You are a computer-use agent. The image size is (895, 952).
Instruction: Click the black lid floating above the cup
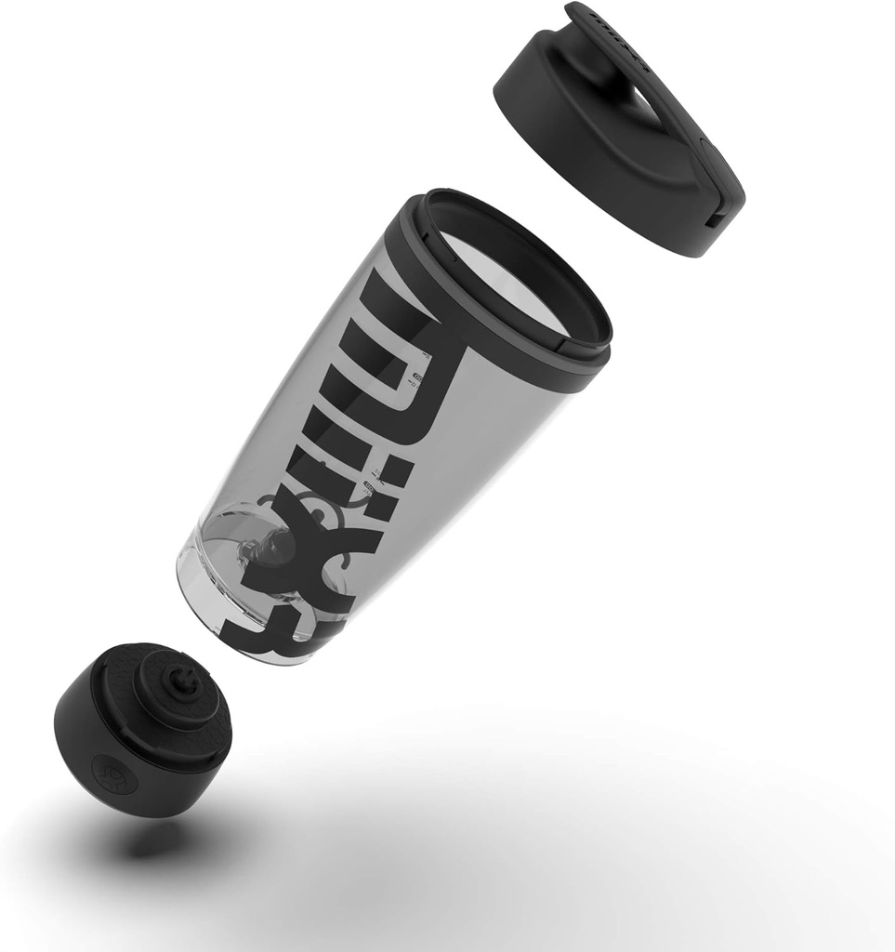pyautogui.click(x=595, y=130)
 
